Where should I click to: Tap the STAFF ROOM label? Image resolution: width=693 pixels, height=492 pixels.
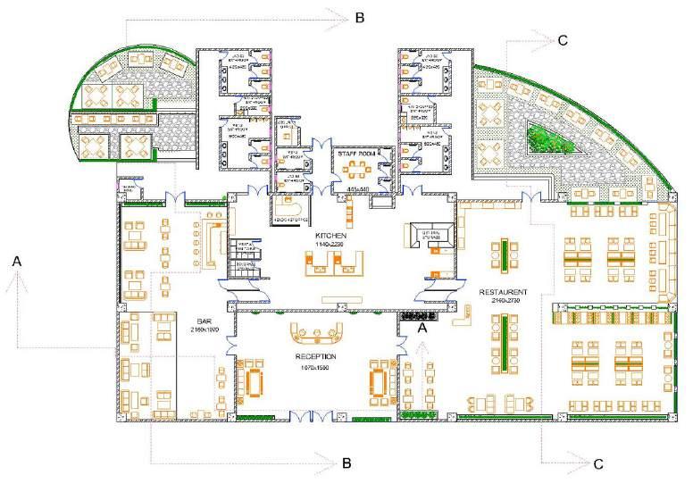click(353, 154)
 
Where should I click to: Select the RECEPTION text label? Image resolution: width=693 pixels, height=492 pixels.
click(315, 355)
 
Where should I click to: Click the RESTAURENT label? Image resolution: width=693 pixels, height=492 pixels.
click(504, 292)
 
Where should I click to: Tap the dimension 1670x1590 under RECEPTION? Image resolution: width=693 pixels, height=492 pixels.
click(315, 366)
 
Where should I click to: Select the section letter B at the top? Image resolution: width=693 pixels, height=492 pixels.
click(358, 17)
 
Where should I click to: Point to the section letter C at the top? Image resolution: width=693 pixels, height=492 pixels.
click(562, 39)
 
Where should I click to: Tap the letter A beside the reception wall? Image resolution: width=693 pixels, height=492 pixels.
click(424, 328)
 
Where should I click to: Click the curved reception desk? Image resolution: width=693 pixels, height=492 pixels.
click(317, 334)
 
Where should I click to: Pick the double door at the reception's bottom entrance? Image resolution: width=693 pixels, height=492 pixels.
click(317, 413)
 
